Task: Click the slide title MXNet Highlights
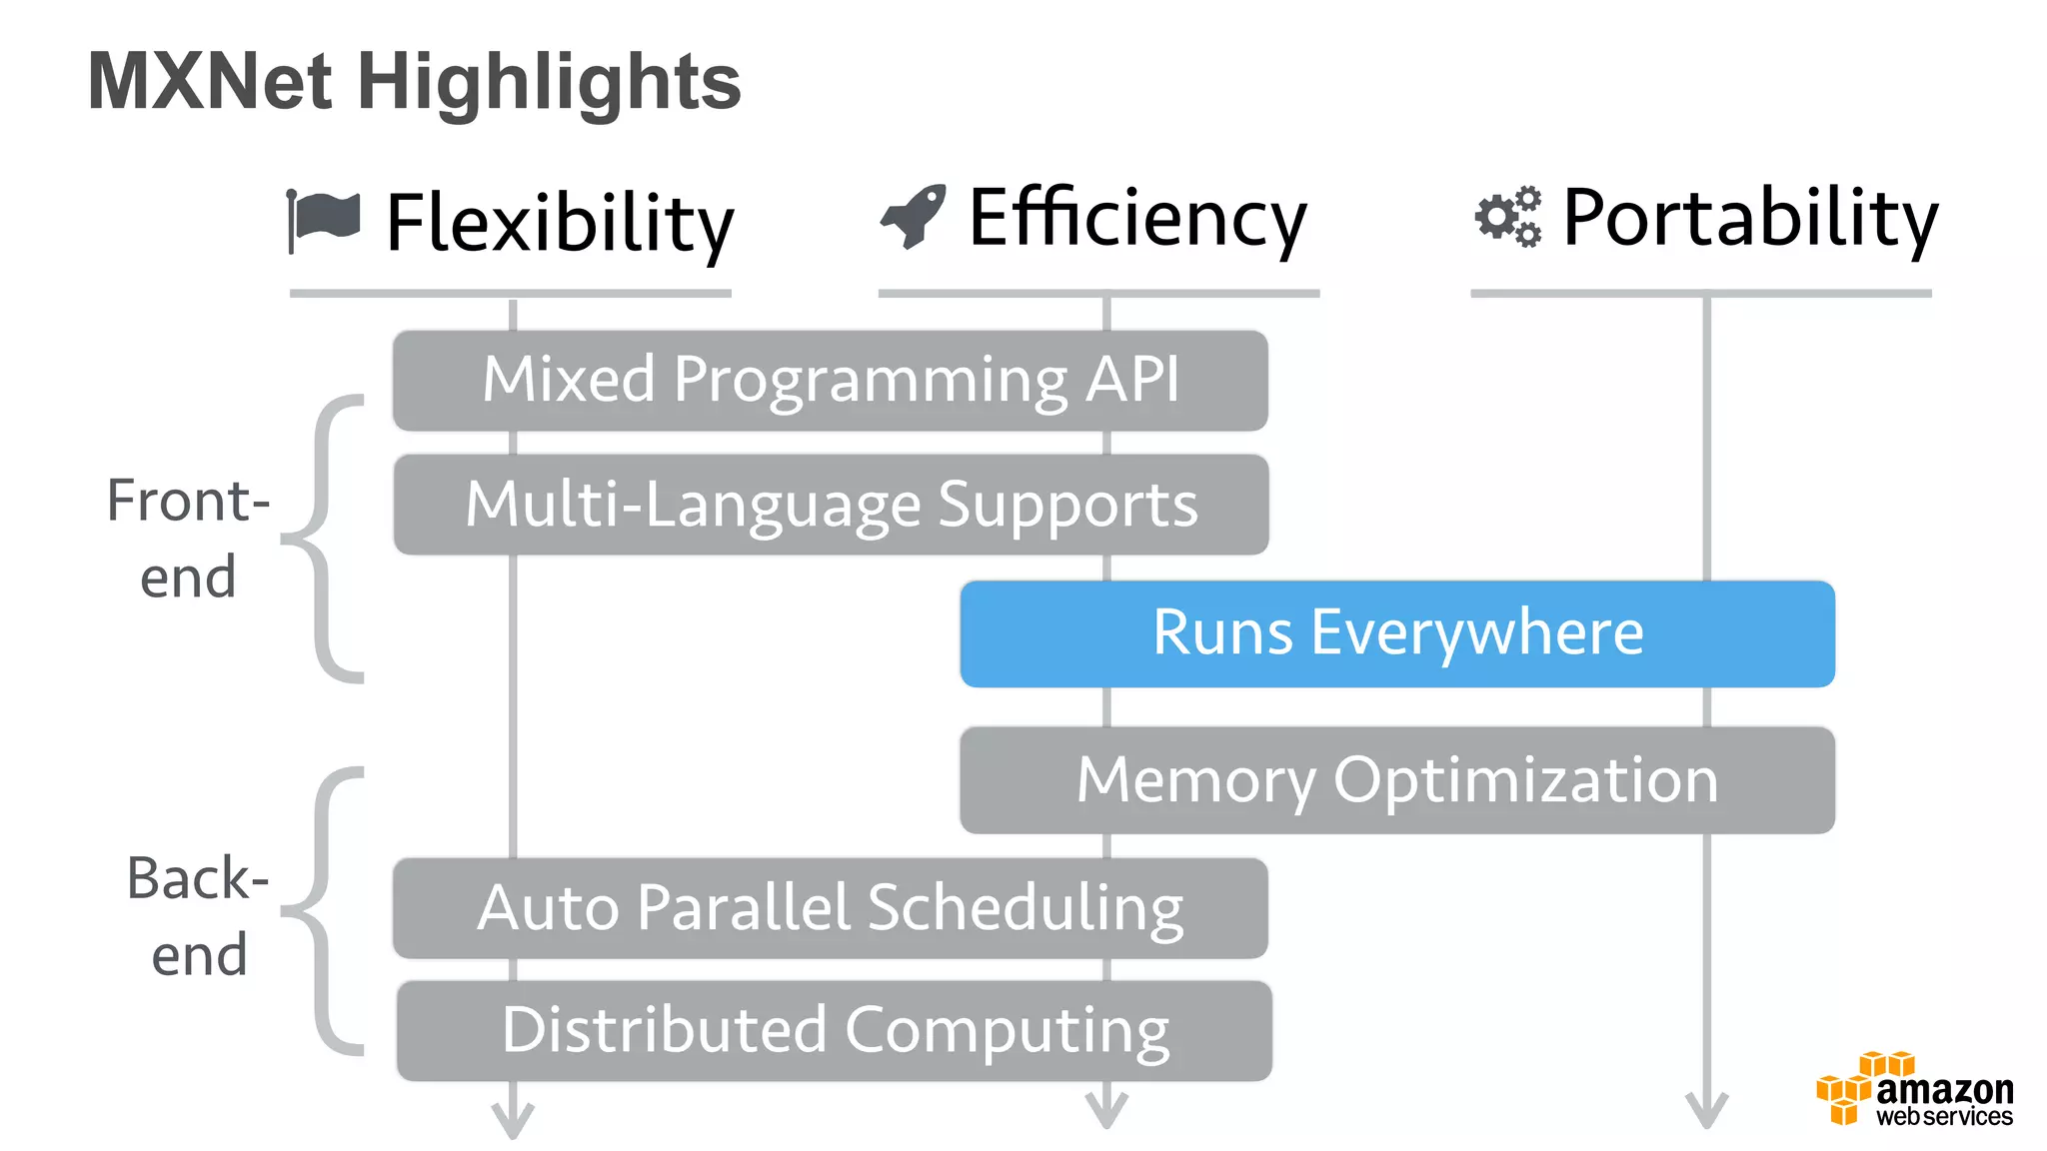pyautogui.click(x=414, y=82)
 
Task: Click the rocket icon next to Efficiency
pyautogui.click(x=914, y=216)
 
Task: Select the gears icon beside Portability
pyautogui.click(x=1508, y=216)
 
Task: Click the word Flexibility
pyautogui.click(x=560, y=224)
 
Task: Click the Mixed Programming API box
pyautogui.click(x=830, y=381)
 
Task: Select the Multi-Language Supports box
pyautogui.click(x=830, y=505)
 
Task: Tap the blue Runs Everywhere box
pyautogui.click(x=1396, y=633)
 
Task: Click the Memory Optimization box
pyautogui.click(x=1396, y=780)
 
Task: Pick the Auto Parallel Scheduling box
pyautogui.click(x=830, y=908)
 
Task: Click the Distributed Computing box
pyautogui.click(x=834, y=1031)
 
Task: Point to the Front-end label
pyautogui.click(x=188, y=539)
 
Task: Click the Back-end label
pyautogui.click(x=198, y=916)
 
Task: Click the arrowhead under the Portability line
pyautogui.click(x=1706, y=1110)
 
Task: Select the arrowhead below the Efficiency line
pyautogui.click(x=1106, y=1110)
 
